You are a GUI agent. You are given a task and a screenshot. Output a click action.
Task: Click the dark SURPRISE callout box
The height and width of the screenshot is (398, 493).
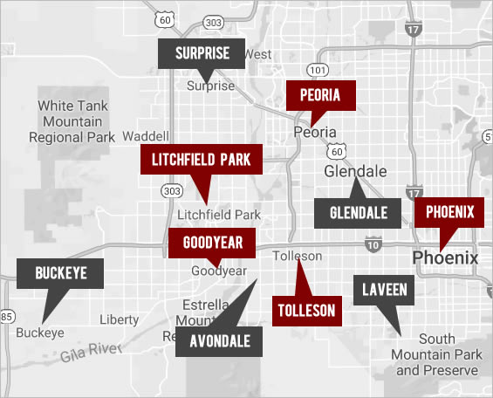(202, 53)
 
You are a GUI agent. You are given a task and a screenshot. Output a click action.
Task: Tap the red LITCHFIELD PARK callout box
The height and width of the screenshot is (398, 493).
(201, 160)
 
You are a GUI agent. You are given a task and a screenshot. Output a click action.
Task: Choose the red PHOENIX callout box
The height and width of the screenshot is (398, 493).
(449, 211)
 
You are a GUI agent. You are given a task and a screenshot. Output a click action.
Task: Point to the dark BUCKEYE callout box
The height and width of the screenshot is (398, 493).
(60, 273)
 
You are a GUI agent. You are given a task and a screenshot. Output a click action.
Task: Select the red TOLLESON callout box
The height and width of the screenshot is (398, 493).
(306, 310)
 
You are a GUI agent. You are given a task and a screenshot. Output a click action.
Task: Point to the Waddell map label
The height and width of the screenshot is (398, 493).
(145, 137)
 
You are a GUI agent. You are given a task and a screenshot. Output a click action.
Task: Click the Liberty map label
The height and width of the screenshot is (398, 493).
(119, 319)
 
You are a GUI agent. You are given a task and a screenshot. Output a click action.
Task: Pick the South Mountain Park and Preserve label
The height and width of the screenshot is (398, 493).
(437, 354)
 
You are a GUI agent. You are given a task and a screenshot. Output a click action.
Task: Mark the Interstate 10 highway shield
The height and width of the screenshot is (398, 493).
(373, 246)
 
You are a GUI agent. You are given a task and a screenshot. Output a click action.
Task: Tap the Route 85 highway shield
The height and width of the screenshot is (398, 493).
(5, 315)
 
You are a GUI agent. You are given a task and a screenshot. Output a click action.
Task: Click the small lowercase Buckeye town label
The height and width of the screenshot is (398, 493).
(40, 333)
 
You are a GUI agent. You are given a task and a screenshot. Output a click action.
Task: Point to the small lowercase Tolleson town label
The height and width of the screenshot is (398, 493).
(297, 257)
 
